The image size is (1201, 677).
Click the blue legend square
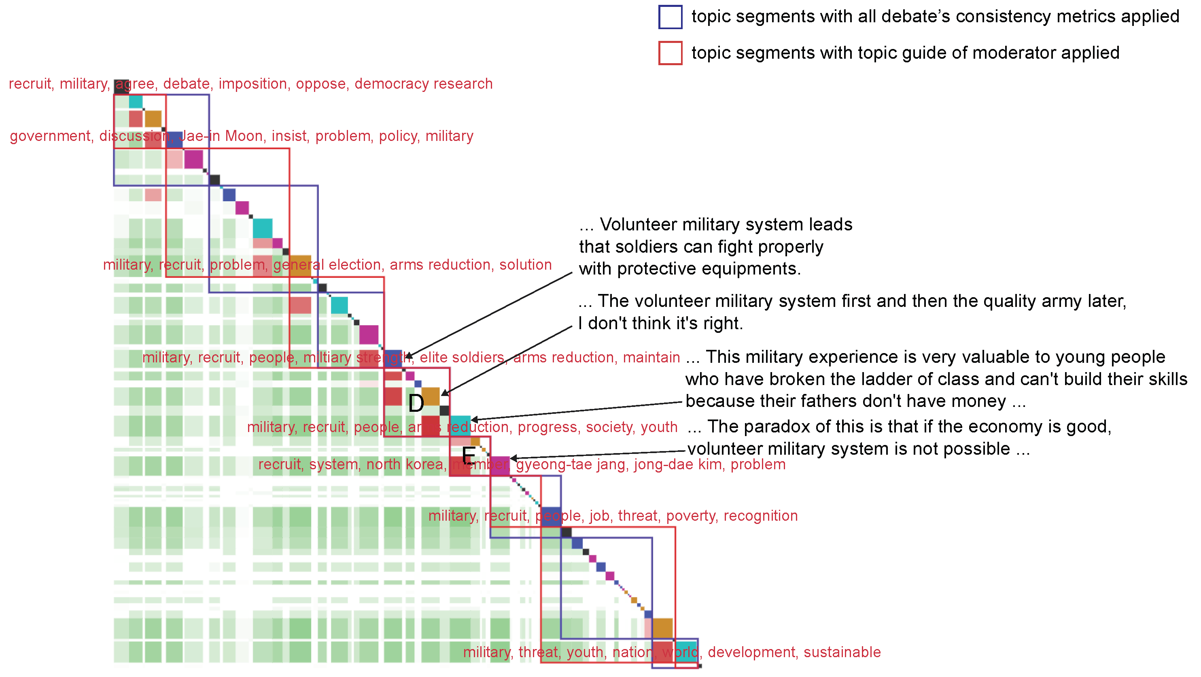tap(670, 17)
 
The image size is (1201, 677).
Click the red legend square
tap(670, 53)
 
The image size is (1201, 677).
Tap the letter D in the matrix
tap(416, 404)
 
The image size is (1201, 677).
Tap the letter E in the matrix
tap(469, 455)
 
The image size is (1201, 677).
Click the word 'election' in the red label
tap(356, 265)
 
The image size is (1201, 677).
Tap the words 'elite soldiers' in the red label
tap(462, 358)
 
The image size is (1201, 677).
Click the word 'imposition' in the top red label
tap(253, 84)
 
